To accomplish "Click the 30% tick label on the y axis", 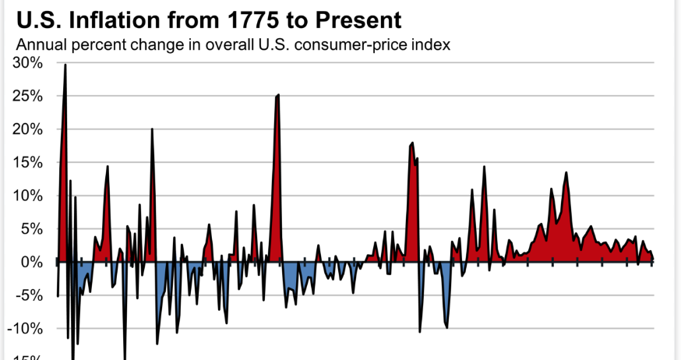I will (x=27, y=63).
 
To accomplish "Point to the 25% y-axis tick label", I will (x=27, y=97).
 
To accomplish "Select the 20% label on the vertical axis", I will (x=27, y=130).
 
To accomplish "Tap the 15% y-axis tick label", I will (x=27, y=164).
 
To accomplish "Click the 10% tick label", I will (x=27, y=196).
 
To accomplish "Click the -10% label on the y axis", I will (x=26, y=329).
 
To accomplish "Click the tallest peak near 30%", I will (x=65, y=65).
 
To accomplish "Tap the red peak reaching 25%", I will (x=278, y=95).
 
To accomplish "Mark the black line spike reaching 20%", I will (x=152, y=129).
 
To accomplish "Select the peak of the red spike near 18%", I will (x=412, y=143).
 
